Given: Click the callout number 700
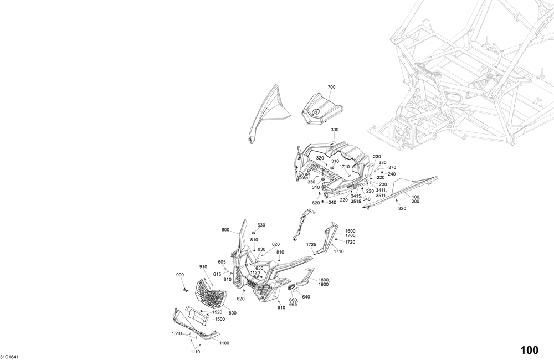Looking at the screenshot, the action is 331,87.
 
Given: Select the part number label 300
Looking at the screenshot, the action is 335,130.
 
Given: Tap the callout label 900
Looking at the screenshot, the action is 180,275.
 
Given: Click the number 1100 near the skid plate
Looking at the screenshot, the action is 224,343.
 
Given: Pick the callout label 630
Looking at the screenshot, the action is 261,225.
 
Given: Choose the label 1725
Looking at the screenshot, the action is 311,244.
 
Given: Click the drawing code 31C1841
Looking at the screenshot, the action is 9,357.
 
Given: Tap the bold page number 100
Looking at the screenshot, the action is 529,350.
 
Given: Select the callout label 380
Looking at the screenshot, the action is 383,162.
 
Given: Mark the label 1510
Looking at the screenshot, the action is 177,333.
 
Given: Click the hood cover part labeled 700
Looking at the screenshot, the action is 322,109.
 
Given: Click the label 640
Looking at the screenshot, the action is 306,297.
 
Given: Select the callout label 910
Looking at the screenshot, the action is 203,267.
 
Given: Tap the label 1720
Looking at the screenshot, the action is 350,242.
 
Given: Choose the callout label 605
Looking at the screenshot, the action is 222,262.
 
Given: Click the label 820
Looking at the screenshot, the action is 275,244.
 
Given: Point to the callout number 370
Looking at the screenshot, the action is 392,167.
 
